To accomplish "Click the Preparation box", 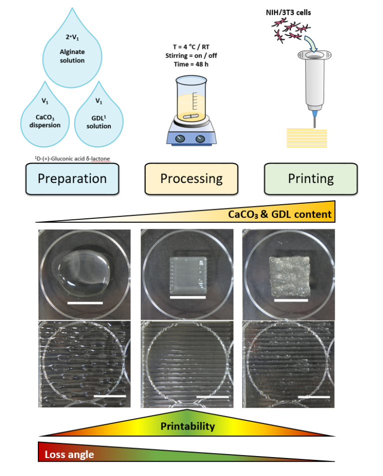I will click(x=72, y=178).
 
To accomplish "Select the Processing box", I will click(x=191, y=178).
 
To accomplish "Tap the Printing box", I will click(x=311, y=178).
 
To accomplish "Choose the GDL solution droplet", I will click(x=99, y=117).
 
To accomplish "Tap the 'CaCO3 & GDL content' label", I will click(x=280, y=214).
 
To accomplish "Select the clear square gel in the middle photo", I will click(x=188, y=274).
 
